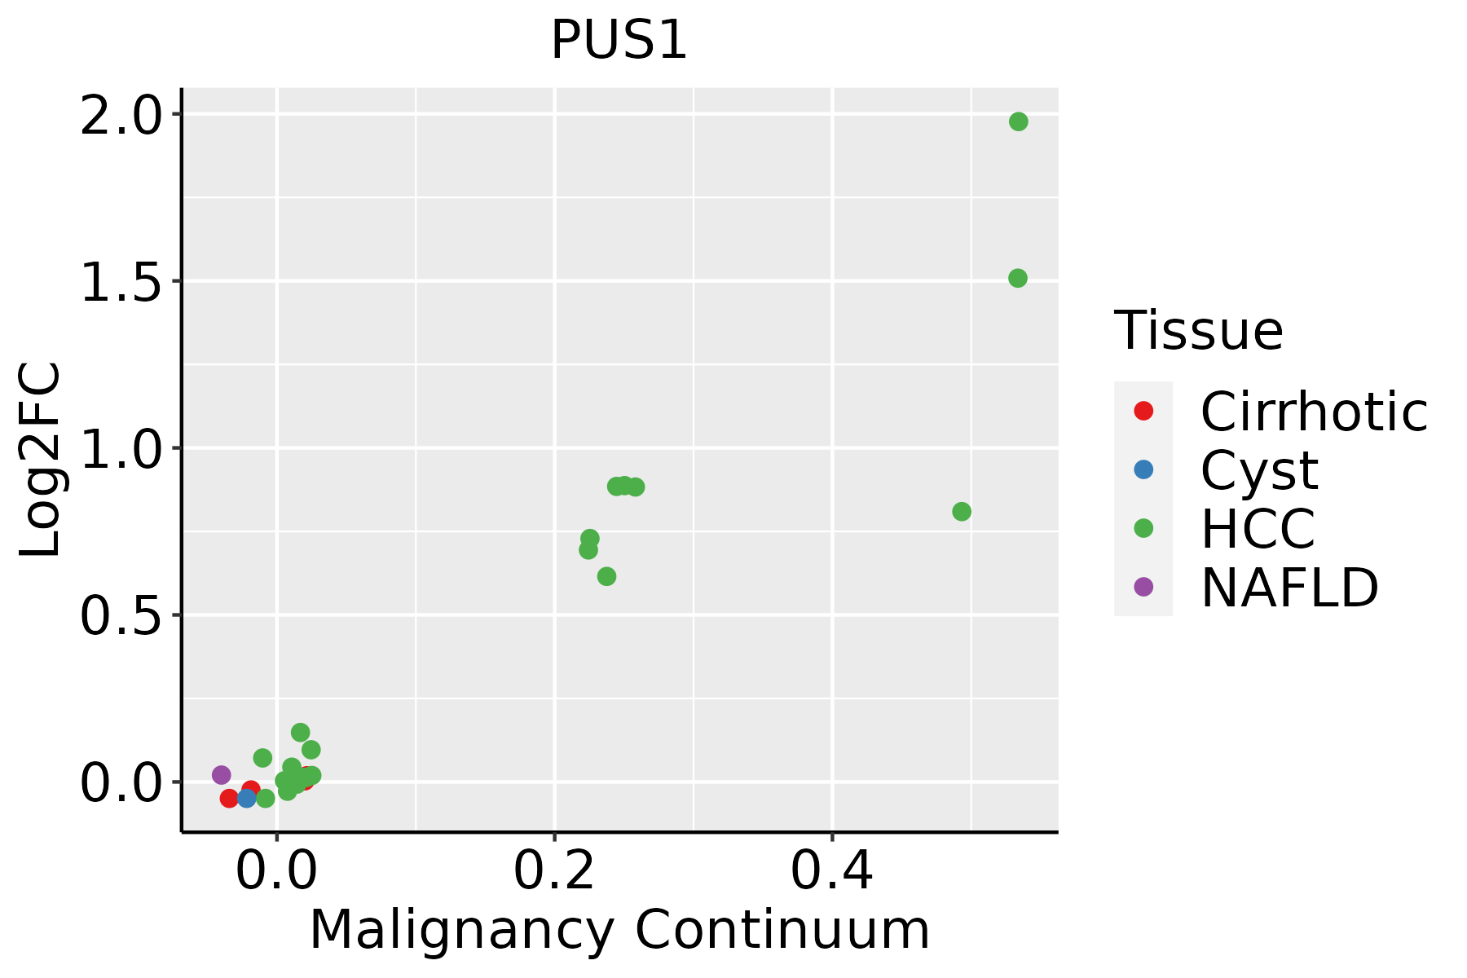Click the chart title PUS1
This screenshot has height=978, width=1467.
[619, 40]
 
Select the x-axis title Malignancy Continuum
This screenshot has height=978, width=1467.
[619, 930]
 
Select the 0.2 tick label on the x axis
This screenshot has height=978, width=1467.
[554, 871]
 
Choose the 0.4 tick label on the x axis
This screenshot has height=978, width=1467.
[832, 871]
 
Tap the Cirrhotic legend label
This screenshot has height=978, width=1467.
[1314, 412]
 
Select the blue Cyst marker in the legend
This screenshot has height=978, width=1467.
[1143, 469]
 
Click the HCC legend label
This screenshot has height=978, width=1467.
[1258, 528]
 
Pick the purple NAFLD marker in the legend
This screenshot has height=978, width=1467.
[1143, 586]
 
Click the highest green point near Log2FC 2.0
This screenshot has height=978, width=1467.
[1018, 122]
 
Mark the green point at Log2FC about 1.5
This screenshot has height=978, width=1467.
[1017, 279]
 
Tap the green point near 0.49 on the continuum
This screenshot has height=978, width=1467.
[962, 512]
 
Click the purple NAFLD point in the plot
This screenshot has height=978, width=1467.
[221, 775]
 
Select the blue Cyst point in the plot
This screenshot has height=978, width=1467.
[247, 798]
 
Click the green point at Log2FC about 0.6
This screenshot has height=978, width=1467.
[606, 577]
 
